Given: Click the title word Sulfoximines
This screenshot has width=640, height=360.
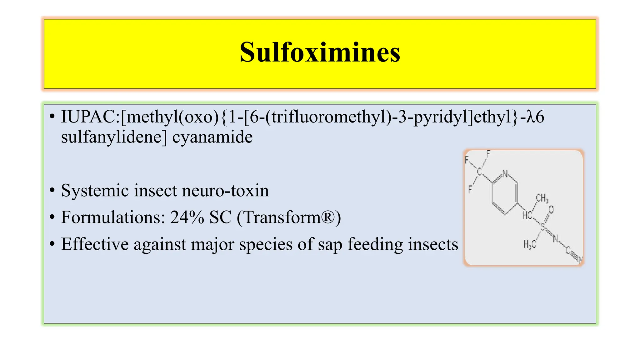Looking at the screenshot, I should [320, 52].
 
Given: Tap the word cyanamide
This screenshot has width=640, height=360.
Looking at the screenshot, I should [212, 137].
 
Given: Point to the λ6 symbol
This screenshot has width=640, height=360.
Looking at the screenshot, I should [535, 117].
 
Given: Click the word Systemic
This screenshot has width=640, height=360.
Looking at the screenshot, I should [95, 190].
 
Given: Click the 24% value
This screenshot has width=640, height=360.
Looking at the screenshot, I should [187, 217].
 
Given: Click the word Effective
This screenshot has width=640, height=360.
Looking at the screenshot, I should [95, 244].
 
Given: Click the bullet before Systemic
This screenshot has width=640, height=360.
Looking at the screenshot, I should [52, 190].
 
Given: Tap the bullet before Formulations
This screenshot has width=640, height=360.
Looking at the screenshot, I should [52, 217].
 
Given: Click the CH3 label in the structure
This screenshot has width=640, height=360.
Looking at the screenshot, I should [542, 198].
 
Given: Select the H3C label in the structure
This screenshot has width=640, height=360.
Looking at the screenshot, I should [530, 244].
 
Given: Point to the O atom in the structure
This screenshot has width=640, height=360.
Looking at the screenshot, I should [551, 209].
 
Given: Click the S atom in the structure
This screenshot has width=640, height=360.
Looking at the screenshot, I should [543, 227].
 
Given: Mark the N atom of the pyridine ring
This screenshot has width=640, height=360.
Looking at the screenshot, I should [505, 174].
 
